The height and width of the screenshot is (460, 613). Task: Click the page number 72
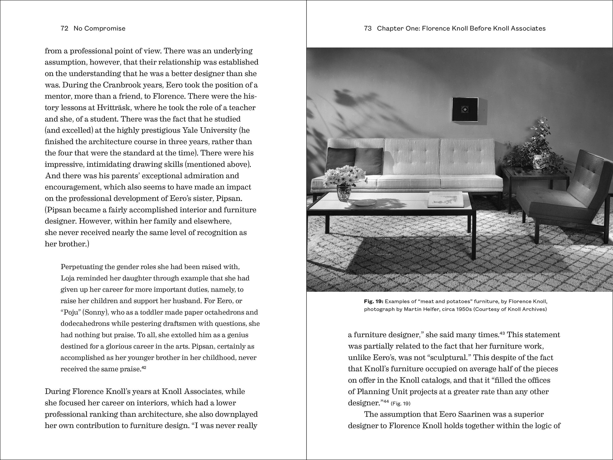[64, 28]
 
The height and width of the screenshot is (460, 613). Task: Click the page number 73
[368, 28]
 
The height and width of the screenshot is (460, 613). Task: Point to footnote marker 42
[144, 368]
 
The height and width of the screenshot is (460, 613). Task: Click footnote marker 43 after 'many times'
[502, 333]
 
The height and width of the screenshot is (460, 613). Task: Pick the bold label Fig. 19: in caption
[374, 301]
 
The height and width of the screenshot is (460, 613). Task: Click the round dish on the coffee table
[364, 203]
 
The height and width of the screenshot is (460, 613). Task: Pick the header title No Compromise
[100, 28]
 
